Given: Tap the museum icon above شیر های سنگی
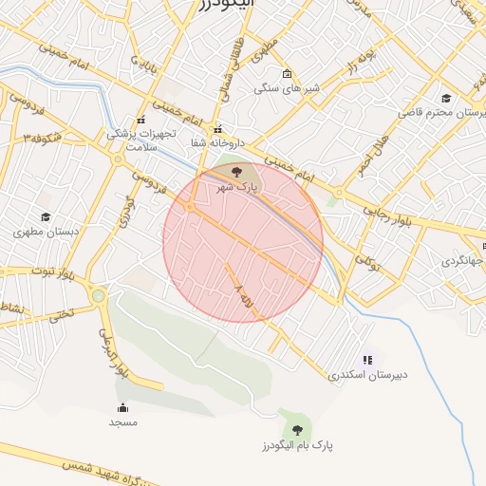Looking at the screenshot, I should (288, 74).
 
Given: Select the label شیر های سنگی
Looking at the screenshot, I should (287, 88).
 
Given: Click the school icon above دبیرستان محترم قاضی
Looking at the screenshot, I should (446, 98).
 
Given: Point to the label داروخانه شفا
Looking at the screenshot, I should (217, 142).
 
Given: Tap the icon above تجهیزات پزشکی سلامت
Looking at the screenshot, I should (140, 120).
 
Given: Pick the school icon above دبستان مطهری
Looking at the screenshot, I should (46, 217).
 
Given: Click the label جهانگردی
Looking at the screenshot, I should (462, 261).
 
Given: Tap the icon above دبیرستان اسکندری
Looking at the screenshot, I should (367, 360).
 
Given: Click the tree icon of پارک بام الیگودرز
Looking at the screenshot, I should (298, 430).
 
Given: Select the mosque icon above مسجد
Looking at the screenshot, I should (122, 408).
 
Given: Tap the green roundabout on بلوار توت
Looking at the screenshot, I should (99, 296).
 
